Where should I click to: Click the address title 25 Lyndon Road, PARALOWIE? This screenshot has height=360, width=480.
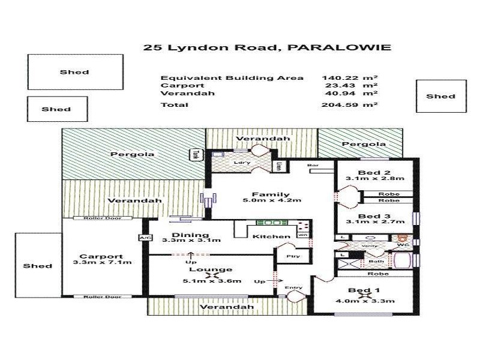pos(267,47)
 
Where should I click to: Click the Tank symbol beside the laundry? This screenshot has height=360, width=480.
pos(195,154)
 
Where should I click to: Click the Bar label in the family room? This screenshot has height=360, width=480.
pos(313,165)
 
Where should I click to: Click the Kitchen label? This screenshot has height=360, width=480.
pos(272,237)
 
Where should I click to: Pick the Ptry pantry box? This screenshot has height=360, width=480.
pos(292,256)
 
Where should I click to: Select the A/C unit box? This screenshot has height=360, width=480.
pos(144,238)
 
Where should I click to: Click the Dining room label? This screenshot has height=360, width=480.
pos(190,235)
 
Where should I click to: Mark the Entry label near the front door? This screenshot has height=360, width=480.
pos(293,287)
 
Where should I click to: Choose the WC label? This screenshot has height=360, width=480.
pos(403,245)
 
